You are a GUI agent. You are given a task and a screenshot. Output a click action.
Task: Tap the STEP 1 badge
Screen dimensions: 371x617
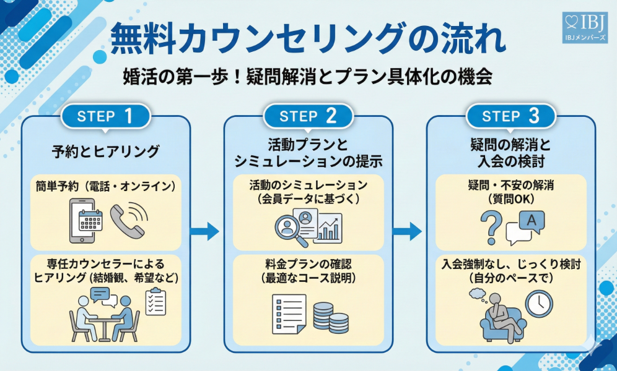coord(106,116)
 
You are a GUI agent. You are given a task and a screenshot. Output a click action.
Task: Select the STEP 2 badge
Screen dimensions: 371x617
coord(308,116)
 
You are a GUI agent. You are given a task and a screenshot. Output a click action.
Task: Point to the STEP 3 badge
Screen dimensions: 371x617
coord(510,116)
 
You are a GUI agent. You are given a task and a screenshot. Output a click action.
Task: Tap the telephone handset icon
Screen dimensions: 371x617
coord(129,221)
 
